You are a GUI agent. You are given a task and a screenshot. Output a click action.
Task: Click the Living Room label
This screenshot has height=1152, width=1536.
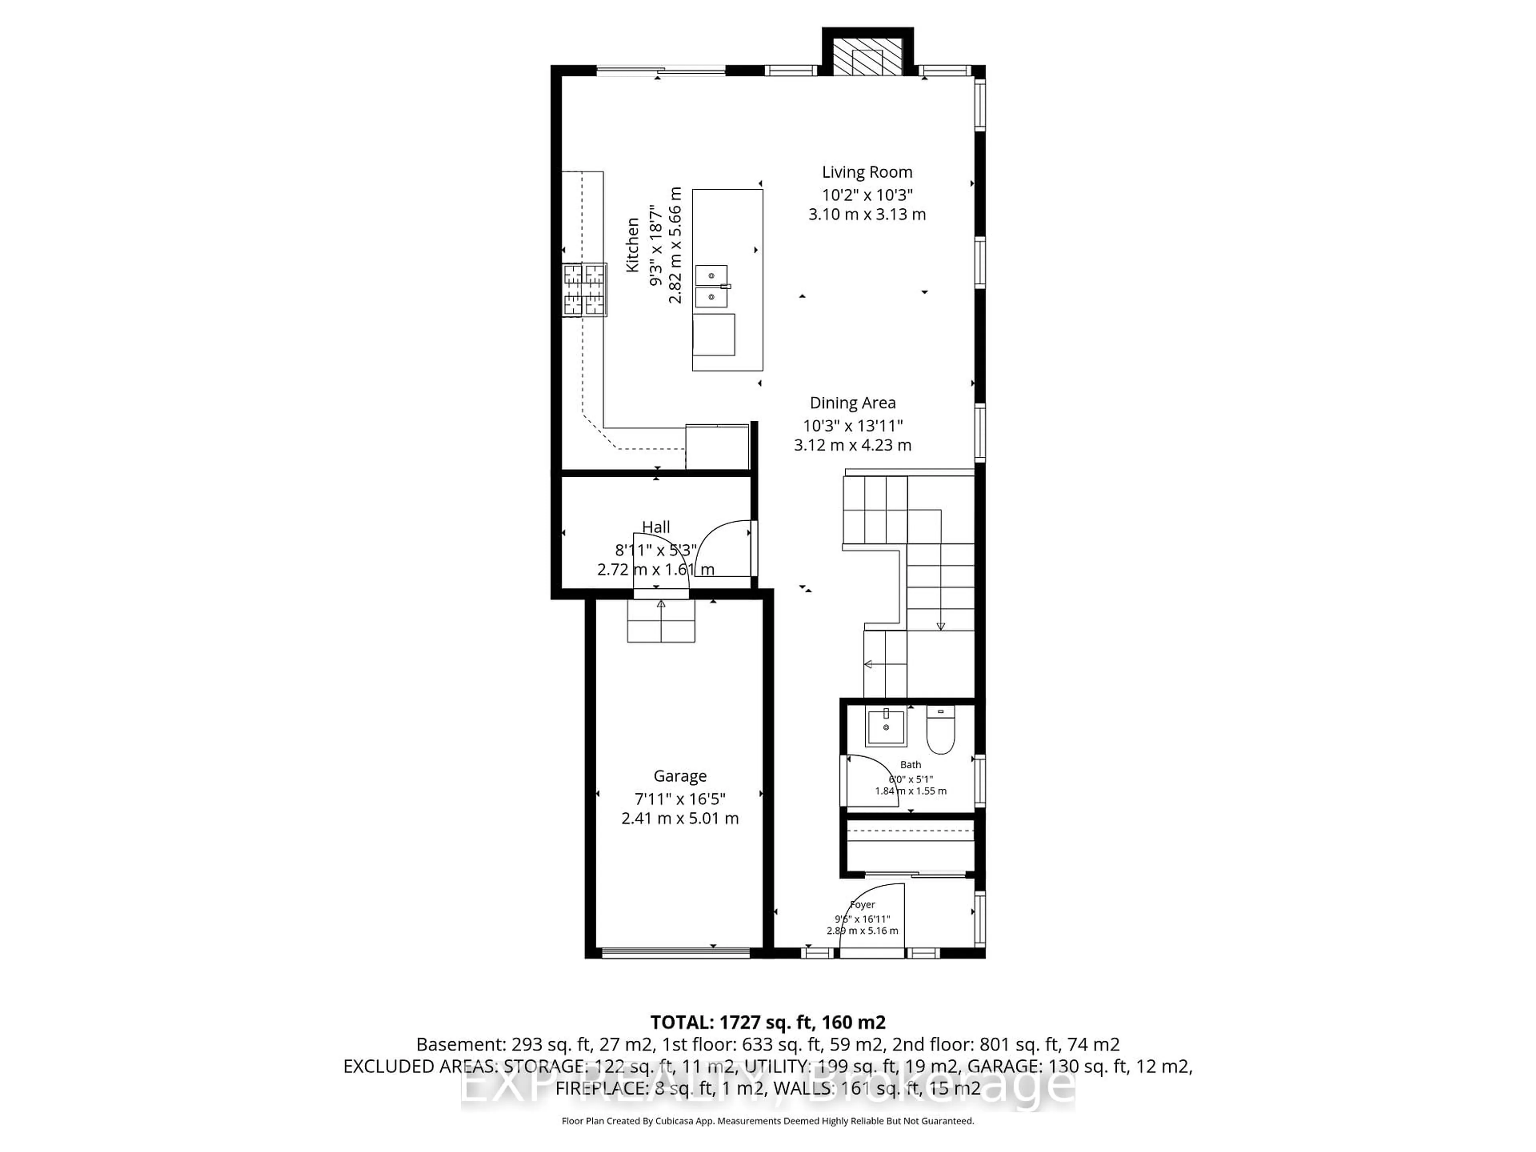tap(867, 172)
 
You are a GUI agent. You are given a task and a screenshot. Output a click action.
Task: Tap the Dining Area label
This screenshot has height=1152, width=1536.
tap(853, 403)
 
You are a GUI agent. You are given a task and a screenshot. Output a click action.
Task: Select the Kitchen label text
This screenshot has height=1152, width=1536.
tap(632, 245)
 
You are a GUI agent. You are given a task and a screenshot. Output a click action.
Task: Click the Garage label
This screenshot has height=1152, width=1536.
tap(680, 776)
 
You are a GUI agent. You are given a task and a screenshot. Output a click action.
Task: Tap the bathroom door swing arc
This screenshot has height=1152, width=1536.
tap(868, 779)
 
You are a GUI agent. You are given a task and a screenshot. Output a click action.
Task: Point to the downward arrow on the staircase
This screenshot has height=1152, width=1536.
tap(940, 625)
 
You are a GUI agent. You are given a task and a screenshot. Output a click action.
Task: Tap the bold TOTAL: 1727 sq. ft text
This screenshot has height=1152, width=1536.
tap(767, 1022)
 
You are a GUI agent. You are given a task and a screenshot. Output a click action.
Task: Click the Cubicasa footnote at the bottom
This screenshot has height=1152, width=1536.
tap(767, 1121)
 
